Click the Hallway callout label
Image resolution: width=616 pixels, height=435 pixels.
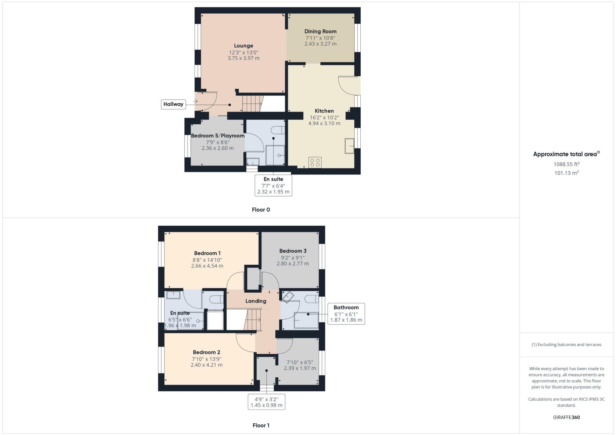tap(173, 104)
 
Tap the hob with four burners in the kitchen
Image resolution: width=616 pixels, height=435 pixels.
tap(315, 163)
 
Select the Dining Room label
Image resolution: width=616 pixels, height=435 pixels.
tap(320, 31)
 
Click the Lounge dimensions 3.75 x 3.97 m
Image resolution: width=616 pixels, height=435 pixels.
tap(243, 58)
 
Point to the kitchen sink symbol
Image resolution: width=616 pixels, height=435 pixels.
tap(349, 146)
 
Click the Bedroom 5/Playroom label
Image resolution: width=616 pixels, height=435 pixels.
tap(217, 135)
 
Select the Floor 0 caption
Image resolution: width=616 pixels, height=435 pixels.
tap(261, 210)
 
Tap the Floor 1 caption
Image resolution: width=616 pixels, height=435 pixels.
tap(261, 425)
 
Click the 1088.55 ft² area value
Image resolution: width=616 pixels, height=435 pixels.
tap(566, 164)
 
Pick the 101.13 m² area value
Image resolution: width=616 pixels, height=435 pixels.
tap(566, 173)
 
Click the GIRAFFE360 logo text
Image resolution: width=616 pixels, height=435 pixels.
tap(566, 417)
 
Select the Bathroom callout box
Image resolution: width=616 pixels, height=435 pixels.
tap(346, 314)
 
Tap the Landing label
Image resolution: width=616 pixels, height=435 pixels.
tap(256, 301)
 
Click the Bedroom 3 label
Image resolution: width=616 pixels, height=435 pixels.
tap(293, 251)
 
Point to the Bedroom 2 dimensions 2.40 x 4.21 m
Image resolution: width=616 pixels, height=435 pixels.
tap(207, 365)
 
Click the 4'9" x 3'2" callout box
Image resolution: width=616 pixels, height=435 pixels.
tap(266, 402)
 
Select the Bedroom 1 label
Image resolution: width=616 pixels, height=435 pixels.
tap(207, 253)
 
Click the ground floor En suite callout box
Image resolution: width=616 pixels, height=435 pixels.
tap(273, 185)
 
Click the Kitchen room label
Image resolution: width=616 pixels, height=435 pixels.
tap(324, 111)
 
